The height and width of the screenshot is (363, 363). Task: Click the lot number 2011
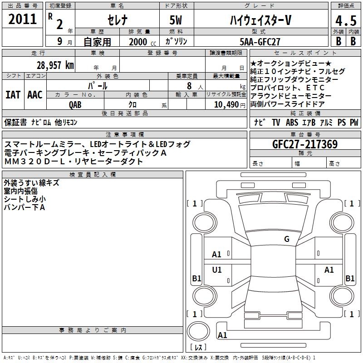[x=23, y=19]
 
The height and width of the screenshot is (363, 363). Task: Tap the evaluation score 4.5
[x=345, y=20]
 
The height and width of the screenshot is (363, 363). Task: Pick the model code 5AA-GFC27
[x=259, y=41]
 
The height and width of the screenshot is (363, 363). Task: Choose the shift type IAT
[x=13, y=95]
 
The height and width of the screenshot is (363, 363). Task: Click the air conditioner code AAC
[x=34, y=95]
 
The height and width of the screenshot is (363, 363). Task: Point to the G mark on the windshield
[x=287, y=239]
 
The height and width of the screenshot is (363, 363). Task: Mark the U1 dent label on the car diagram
[x=217, y=270]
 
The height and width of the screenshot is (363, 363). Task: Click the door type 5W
[x=177, y=20]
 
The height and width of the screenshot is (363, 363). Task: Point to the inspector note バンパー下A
[x=25, y=207]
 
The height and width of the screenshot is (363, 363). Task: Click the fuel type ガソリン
[x=177, y=41]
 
